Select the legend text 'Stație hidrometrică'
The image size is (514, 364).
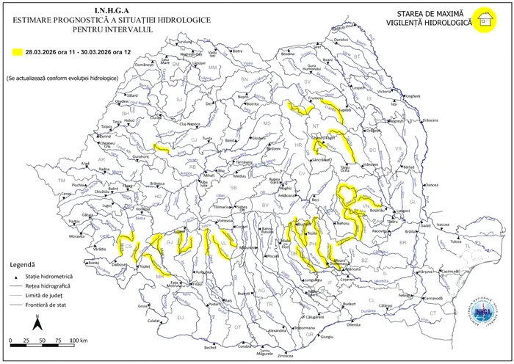[x=48, y=276]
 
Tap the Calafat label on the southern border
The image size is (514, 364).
[x=153, y=321]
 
